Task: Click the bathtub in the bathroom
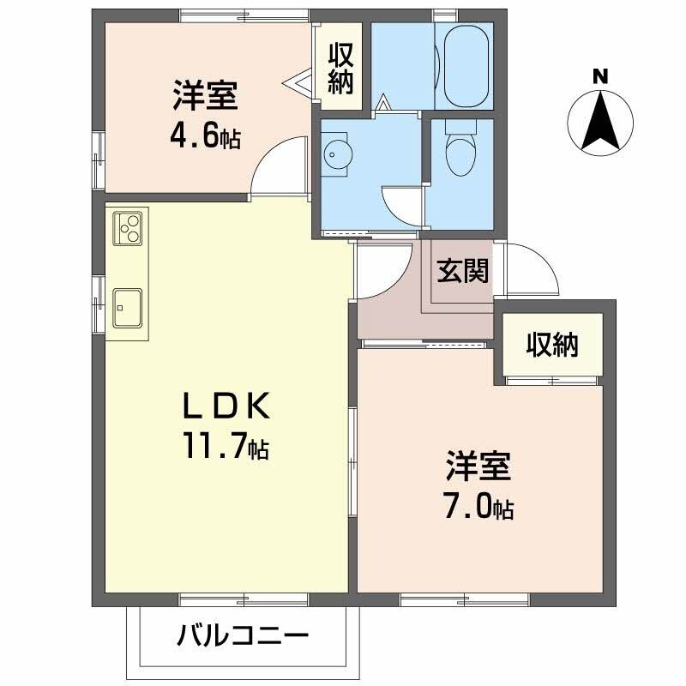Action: (x=466, y=65)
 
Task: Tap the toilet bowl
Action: (x=460, y=156)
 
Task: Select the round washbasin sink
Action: (x=337, y=154)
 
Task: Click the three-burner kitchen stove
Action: (x=127, y=227)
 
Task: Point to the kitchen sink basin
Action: (x=127, y=308)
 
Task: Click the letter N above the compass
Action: (x=600, y=77)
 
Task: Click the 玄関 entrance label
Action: (x=462, y=271)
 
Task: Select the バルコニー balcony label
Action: (x=243, y=635)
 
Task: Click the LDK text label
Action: (x=226, y=406)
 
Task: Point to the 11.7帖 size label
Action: (x=226, y=444)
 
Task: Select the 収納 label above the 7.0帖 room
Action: (x=552, y=345)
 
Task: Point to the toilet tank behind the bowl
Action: (x=460, y=127)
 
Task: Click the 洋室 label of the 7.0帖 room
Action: (x=478, y=466)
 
